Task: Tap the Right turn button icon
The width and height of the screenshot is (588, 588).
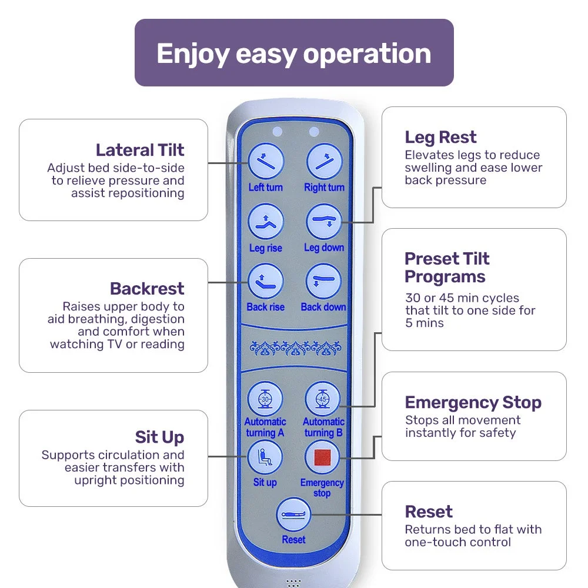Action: click(324, 161)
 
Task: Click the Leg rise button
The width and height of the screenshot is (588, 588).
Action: click(265, 222)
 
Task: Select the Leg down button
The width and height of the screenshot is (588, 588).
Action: click(324, 222)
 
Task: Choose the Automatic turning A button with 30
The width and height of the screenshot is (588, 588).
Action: click(265, 399)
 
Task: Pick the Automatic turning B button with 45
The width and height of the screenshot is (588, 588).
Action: click(323, 399)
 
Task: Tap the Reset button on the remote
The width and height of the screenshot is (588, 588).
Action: click(293, 515)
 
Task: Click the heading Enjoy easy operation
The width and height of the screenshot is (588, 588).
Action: click(294, 53)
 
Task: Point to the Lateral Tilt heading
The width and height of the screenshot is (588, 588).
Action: click(140, 150)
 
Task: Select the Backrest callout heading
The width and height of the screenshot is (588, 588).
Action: click(147, 289)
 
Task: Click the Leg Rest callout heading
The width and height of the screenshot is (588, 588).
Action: click(440, 138)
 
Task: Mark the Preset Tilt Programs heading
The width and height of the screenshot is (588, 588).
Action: click(446, 268)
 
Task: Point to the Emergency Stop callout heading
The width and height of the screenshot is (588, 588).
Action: click(473, 403)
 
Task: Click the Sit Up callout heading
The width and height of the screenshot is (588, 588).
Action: click(159, 437)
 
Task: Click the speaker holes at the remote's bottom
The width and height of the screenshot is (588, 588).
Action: click(294, 583)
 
